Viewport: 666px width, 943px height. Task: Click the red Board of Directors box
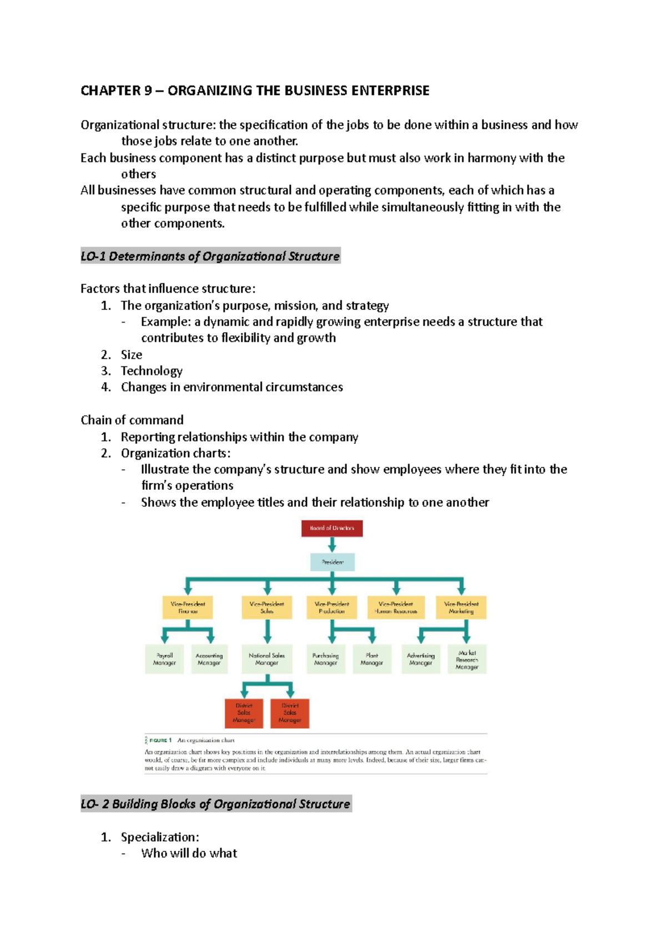[332, 528]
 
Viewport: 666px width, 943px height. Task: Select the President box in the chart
[332, 562]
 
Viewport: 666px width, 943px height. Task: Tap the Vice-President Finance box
[188, 608]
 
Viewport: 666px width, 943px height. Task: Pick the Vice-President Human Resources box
[396, 608]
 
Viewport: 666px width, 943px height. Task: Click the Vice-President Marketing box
[461, 608]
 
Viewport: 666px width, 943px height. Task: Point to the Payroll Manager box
[164, 659]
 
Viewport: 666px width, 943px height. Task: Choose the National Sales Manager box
[267, 659]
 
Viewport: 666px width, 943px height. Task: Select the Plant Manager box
[372, 659]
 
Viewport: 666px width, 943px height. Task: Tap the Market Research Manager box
[467, 659]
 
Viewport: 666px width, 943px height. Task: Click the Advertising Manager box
[421, 659]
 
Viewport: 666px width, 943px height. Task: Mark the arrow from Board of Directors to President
[332, 544]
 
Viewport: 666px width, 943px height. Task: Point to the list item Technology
[152, 371]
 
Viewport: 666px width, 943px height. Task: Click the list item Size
[132, 354]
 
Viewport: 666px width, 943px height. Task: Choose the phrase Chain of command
[132, 420]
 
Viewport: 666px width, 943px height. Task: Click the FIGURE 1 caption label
[160, 740]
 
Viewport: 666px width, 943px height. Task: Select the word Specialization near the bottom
[159, 837]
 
